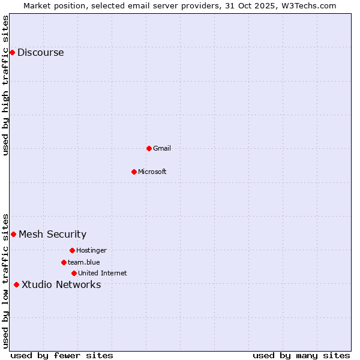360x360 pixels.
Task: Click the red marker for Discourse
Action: pyautogui.click(x=12, y=53)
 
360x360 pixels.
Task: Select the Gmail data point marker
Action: pyautogui.click(x=149, y=148)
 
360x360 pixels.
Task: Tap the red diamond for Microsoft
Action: pyautogui.click(x=134, y=172)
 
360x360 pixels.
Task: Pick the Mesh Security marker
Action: pyautogui.click(x=13, y=234)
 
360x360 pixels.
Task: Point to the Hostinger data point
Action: pyautogui.click(x=72, y=250)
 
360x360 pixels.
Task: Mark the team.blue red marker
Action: pyautogui.click(x=64, y=262)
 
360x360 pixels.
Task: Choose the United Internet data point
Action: pyautogui.click(x=74, y=273)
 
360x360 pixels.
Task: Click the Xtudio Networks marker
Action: pyautogui.click(x=16, y=284)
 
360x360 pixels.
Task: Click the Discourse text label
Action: pyautogui.click(x=41, y=53)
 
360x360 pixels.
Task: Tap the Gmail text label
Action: pyautogui.click(x=162, y=148)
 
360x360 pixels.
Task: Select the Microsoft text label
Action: pyautogui.click(x=152, y=172)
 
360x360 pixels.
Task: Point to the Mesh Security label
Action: pyautogui.click(x=53, y=235)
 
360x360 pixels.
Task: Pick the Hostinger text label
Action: pyautogui.click(x=91, y=250)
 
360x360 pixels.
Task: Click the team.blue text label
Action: pyautogui.click(x=84, y=262)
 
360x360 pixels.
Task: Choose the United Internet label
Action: pyautogui.click(x=103, y=273)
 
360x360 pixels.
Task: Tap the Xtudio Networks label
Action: pyautogui.click(x=61, y=285)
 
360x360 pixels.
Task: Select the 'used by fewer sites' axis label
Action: pyautogui.click(x=62, y=355)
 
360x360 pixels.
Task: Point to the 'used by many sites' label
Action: pyautogui.click(x=301, y=355)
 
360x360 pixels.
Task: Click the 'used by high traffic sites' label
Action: pyautogui.click(x=5, y=85)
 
